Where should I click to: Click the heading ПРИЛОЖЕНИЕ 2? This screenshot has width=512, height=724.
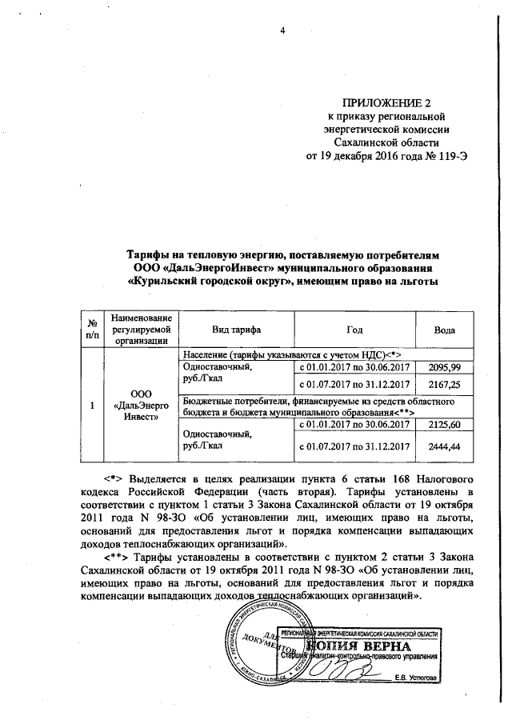[386, 102]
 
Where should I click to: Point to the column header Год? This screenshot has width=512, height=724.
[354, 330]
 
